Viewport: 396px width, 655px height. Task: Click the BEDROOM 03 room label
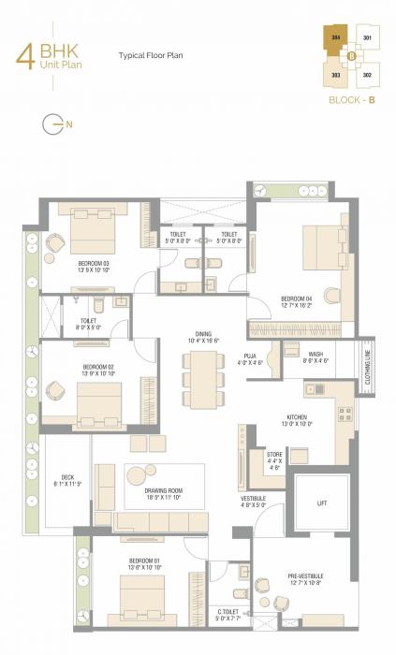[x=94, y=264]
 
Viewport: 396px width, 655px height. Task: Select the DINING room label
[x=203, y=334]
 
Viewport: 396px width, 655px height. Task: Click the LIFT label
[x=323, y=503]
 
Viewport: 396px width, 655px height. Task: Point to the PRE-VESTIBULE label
[x=305, y=577]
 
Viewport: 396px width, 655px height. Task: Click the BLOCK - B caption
[x=351, y=97]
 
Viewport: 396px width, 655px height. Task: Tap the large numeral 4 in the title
[x=24, y=53]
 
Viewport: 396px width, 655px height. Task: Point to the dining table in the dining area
[x=203, y=379]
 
